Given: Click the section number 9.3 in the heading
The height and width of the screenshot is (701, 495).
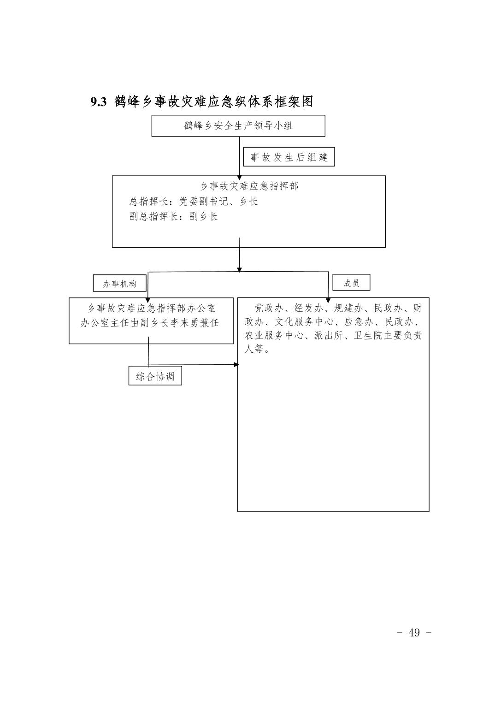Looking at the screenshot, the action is tap(99, 102).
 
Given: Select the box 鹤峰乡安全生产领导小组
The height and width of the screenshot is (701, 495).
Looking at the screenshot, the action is tap(238, 126).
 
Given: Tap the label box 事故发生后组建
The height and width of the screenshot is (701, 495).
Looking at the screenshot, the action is tap(289, 157).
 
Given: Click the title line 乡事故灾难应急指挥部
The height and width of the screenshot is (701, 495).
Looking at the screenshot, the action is tap(249, 186).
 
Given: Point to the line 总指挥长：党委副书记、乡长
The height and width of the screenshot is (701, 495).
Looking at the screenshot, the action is tap(193, 202).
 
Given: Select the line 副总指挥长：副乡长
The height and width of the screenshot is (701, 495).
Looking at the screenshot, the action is tap(173, 217).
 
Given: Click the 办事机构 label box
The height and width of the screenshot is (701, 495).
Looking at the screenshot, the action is tap(120, 283).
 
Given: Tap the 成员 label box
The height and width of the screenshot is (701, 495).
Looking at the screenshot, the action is tap(351, 283).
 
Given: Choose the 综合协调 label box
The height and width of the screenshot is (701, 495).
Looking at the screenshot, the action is tap(155, 376).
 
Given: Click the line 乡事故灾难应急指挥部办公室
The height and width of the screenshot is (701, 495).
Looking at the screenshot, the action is tap(152, 309).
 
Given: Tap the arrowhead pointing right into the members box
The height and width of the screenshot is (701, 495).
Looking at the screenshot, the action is tap(236, 365).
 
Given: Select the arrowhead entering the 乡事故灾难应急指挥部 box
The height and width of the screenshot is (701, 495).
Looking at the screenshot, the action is tap(240, 178).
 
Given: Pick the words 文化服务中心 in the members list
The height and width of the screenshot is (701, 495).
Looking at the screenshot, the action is tap(304, 322).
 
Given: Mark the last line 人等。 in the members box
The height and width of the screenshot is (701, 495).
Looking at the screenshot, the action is tap(257, 349).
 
